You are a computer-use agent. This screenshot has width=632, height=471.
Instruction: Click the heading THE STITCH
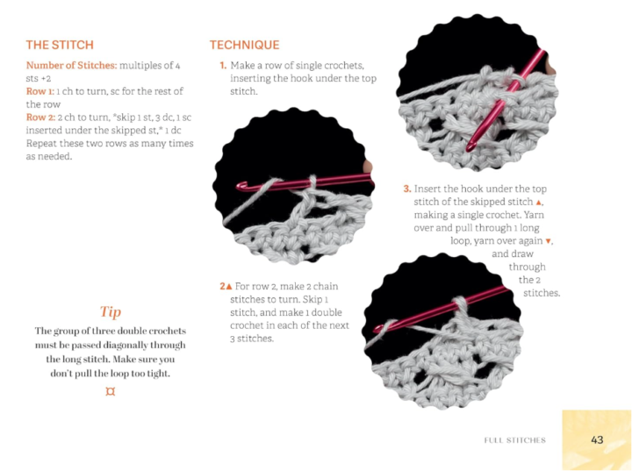point(60,45)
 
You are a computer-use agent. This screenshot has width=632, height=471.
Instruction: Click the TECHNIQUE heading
point(244,45)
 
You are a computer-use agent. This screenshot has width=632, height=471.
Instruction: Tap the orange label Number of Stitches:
point(72,65)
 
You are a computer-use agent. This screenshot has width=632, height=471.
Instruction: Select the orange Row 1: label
point(39,91)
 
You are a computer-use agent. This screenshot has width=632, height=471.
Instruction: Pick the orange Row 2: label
point(40,118)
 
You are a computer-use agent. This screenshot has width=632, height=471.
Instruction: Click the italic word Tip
point(111,311)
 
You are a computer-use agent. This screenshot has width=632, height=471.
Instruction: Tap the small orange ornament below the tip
point(110,391)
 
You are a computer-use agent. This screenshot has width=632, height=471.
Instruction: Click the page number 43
point(597,439)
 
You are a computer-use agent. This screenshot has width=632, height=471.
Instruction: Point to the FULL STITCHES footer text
point(514,440)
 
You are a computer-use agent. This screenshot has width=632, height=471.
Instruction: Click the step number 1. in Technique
point(223,65)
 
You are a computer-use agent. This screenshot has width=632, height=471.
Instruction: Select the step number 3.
point(407,189)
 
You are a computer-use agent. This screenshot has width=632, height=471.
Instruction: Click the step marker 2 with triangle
point(226,286)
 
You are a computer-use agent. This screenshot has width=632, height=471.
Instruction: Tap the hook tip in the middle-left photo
point(241,186)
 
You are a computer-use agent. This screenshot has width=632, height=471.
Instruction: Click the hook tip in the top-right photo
point(470,147)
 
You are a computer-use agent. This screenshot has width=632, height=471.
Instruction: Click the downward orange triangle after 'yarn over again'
point(548,241)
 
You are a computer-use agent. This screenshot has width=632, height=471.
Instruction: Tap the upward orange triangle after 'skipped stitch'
point(538,202)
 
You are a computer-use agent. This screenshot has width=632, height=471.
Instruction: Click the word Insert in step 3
point(426,189)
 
